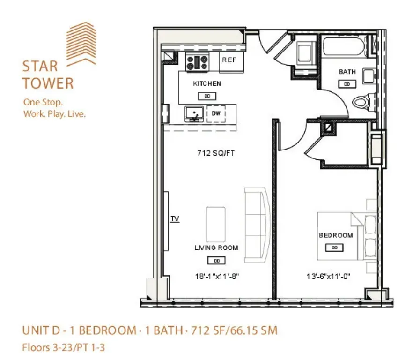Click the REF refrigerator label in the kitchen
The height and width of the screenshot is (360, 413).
coord(229,60)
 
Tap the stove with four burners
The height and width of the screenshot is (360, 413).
coord(197,62)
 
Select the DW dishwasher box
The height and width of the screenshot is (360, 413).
coord(216,113)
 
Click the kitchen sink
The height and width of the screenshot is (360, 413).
coord(194,113)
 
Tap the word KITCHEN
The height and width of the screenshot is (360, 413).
coord(207,84)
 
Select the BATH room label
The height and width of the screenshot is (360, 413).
coord(347,72)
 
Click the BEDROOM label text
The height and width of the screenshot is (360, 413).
coord(336,235)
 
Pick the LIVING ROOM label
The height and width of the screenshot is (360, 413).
coord(216,248)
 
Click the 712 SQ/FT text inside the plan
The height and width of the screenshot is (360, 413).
coord(216,153)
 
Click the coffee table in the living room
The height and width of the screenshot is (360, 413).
coord(216,225)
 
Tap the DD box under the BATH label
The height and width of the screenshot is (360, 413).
coord(347,84)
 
